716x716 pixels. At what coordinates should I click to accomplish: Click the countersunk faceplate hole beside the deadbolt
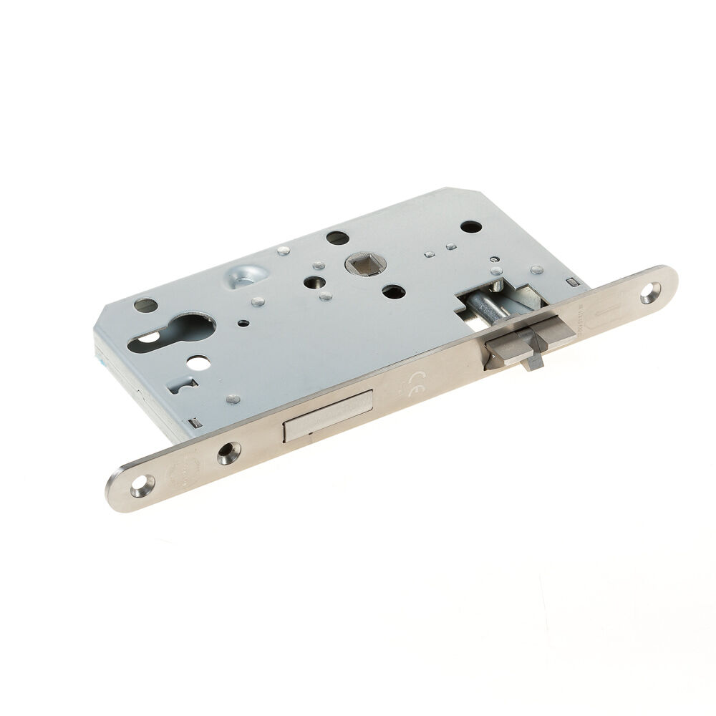[228, 453]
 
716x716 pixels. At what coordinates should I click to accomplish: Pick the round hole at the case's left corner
[145, 305]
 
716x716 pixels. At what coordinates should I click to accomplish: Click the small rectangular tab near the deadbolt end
[193, 420]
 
